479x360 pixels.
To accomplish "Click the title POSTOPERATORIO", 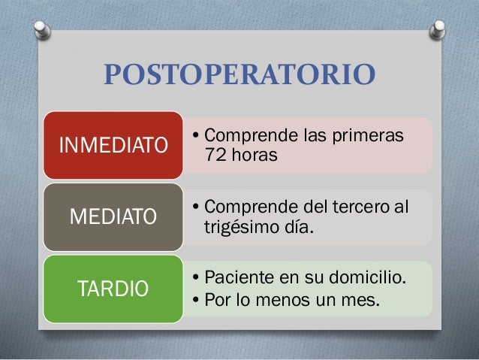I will pyautogui.click(x=239, y=77).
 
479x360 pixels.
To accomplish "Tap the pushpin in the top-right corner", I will pyautogui.click(x=437, y=29).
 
